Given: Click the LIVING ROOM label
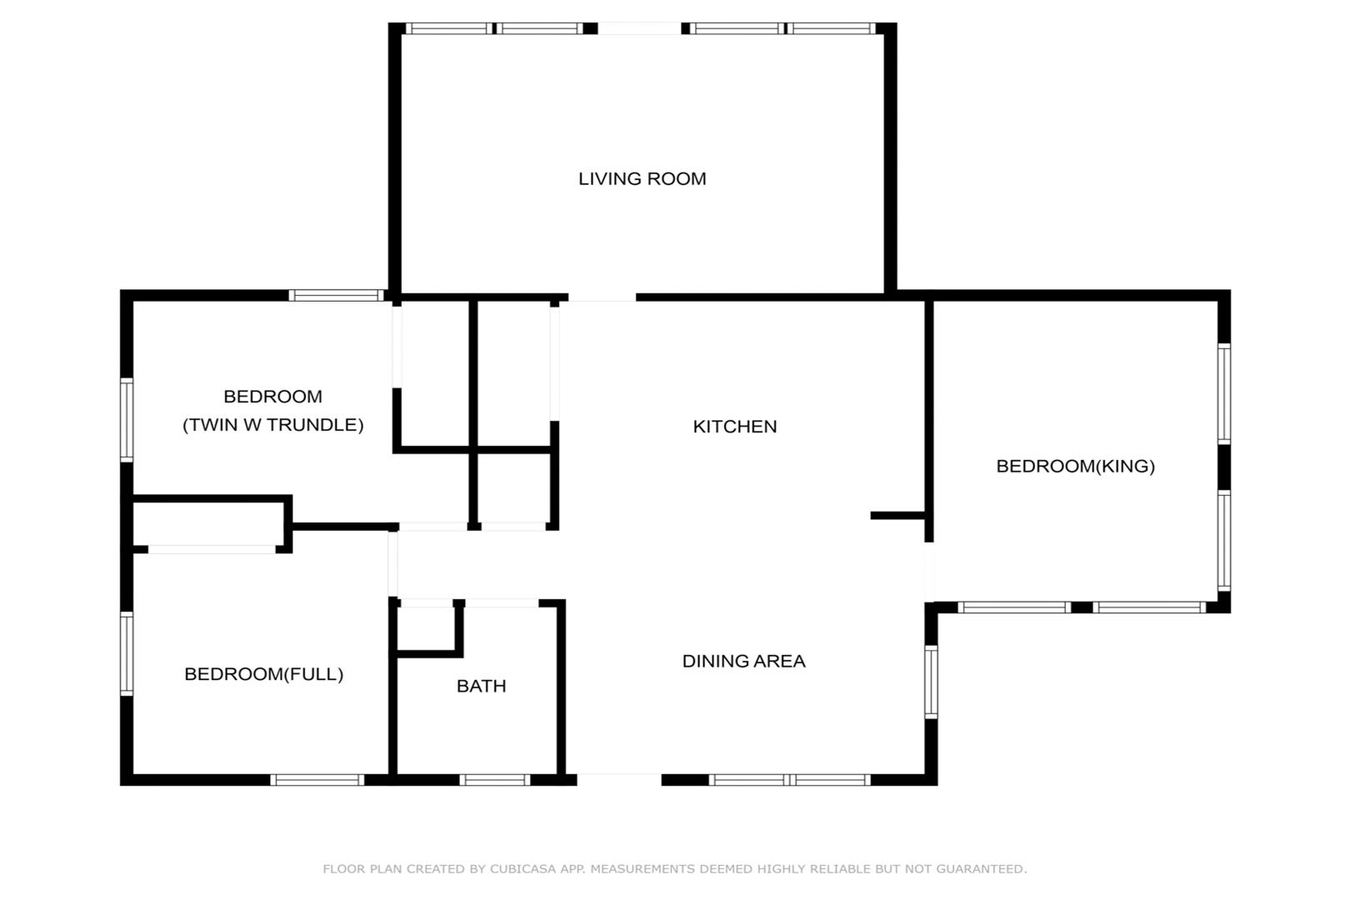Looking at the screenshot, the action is click(x=642, y=178).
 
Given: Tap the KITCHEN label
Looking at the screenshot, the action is click(x=734, y=427).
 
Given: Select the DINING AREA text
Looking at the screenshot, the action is click(x=743, y=661).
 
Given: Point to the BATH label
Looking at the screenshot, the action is click(x=481, y=686).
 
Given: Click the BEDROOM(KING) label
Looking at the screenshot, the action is click(x=1075, y=466).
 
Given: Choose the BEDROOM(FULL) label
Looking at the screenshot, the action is click(x=263, y=674).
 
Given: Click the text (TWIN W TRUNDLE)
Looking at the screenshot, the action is click(x=273, y=425).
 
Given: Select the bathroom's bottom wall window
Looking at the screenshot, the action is click(x=494, y=780).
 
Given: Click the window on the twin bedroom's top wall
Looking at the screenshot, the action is click(x=336, y=296).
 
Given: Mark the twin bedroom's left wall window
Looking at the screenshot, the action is click(x=127, y=420).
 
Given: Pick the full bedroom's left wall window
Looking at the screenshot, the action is click(x=127, y=654).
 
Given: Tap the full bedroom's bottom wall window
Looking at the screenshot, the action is click(x=318, y=780).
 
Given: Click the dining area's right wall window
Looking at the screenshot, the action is click(x=931, y=682).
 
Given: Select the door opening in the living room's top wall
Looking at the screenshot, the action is click(x=639, y=28).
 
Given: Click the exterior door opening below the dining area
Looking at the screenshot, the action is click(x=619, y=779).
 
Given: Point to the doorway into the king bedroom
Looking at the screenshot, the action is click(x=928, y=572).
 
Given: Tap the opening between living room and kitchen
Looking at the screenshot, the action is click(x=602, y=297).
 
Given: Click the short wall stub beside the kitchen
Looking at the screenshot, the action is click(x=898, y=515).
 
